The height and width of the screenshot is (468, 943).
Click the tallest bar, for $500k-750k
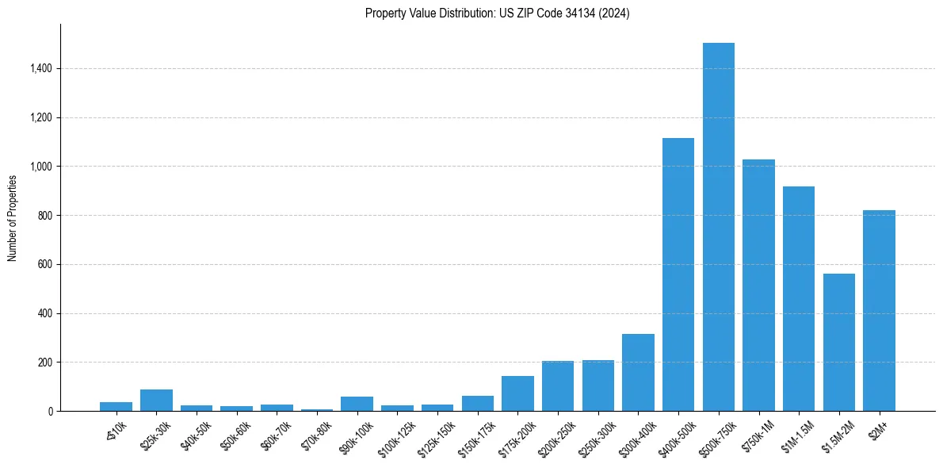pos(718,227)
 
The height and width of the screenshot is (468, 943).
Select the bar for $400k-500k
pos(678,274)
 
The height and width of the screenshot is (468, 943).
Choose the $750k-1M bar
pos(758,286)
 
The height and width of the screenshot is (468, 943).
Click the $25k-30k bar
pos(156,401)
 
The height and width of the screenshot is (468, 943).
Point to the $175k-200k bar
pos(517,393)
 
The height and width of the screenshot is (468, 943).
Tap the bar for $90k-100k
pos(357,404)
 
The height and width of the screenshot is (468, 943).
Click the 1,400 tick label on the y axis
pos(41,69)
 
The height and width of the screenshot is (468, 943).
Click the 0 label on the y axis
pos(51,412)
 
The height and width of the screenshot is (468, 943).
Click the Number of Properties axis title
pos(13,217)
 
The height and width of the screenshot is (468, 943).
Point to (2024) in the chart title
pos(615,13)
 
